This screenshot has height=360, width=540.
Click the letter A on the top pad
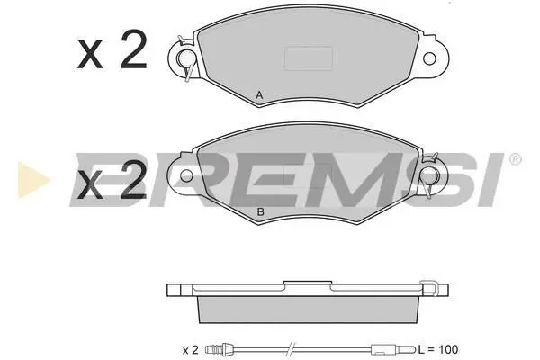point(259,95)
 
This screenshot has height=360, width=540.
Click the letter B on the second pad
point(261,211)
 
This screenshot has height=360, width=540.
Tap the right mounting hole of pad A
point(429,58)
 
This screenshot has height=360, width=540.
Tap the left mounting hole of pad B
point(186,175)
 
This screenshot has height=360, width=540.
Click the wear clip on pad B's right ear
point(429,175)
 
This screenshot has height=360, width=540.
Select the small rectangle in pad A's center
point(308,58)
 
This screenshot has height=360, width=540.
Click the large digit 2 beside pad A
point(134,49)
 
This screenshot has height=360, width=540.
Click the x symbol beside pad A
point(90,54)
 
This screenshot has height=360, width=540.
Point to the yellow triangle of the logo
point(31,180)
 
